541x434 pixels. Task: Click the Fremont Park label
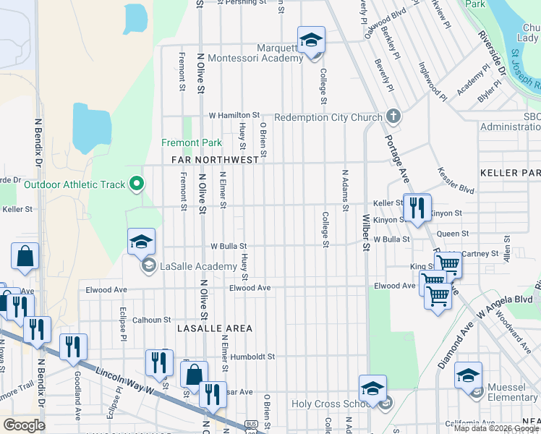(x=192, y=143)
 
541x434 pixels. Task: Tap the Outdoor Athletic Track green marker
(x=135, y=184)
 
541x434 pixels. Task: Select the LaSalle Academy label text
(x=198, y=266)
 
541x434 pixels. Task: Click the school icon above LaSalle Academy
(x=141, y=242)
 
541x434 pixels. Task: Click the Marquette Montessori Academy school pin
(x=311, y=41)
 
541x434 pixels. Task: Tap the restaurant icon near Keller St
(x=417, y=208)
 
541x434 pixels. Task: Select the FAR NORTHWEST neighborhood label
(x=215, y=160)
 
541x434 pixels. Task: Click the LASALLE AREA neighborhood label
(x=216, y=328)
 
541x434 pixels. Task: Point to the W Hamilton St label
(x=234, y=115)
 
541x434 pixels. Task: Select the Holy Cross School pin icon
(x=372, y=388)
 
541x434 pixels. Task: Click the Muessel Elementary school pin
(x=468, y=376)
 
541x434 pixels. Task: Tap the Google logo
(x=24, y=425)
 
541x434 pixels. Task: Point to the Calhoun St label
(x=151, y=319)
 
